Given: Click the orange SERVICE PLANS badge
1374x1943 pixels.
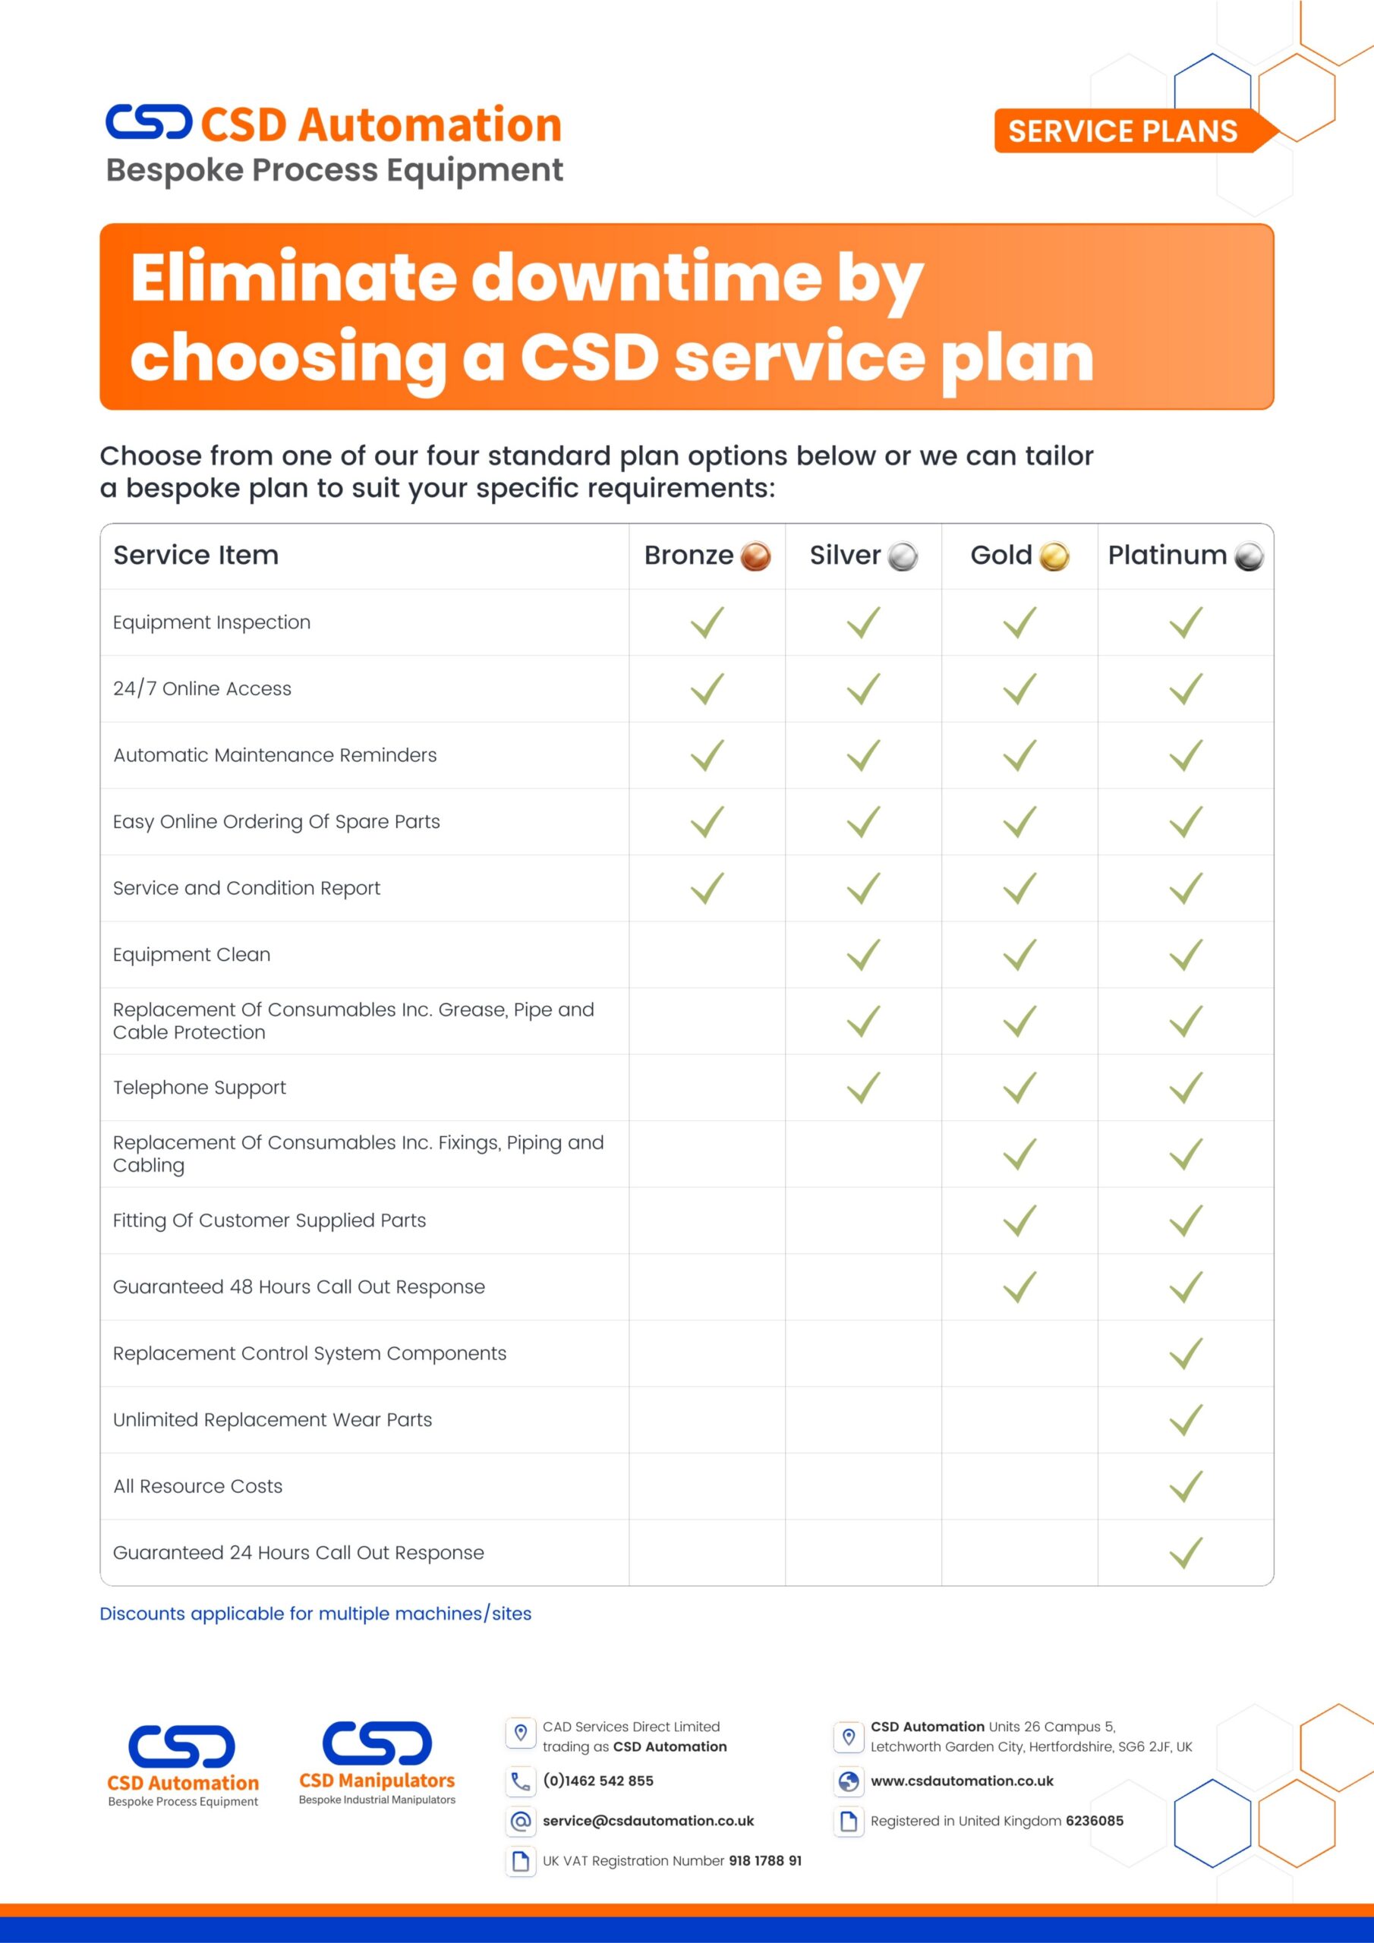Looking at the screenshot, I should pyautogui.click(x=1123, y=131).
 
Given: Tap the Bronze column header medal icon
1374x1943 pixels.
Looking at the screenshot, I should pyautogui.click(x=755, y=557).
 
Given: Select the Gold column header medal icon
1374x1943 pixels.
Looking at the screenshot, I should pyautogui.click(x=1054, y=557).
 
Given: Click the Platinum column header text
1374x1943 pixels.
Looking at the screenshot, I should pyautogui.click(x=1167, y=555).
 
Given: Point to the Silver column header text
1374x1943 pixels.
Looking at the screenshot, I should pyautogui.click(x=844, y=555).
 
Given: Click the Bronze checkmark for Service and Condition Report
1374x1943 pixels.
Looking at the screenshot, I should pyautogui.click(x=707, y=889).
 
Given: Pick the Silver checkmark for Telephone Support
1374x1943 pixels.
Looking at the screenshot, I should pyautogui.click(x=864, y=1088).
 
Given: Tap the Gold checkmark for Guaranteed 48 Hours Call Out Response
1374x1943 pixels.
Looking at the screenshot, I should pyautogui.click(x=1020, y=1287).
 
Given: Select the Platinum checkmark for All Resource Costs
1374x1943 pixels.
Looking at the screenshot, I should pyautogui.click(x=1186, y=1487).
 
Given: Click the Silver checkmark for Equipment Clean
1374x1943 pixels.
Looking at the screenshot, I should pyautogui.click(x=864, y=956).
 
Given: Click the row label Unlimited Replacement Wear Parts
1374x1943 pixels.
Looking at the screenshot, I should pyautogui.click(x=273, y=1420).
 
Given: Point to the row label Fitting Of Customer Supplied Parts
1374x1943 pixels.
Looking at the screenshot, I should pyautogui.click(x=269, y=1220).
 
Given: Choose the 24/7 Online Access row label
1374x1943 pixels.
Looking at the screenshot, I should pyautogui.click(x=203, y=689).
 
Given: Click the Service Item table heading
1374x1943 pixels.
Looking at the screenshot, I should pyautogui.click(x=196, y=555).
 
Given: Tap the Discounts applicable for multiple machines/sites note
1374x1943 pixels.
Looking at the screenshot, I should pyautogui.click(x=316, y=1614).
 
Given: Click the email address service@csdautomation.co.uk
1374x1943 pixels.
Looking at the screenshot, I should pyautogui.click(x=648, y=1821).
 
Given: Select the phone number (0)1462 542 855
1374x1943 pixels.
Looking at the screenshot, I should pyautogui.click(x=597, y=1781).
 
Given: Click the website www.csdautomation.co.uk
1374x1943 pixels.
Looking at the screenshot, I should pyautogui.click(x=962, y=1781).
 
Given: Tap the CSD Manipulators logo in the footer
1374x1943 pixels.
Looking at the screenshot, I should pyautogui.click(x=377, y=1765).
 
